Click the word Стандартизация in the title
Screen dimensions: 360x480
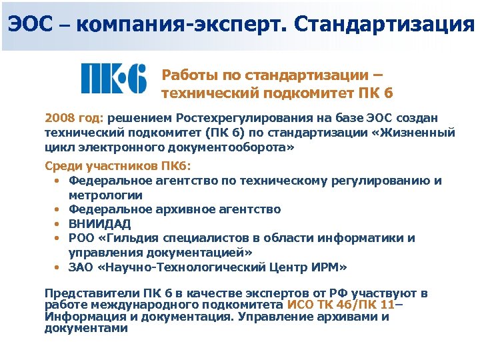(383, 25)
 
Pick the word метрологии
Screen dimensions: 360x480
(105, 195)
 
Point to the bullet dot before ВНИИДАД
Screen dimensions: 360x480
(57, 224)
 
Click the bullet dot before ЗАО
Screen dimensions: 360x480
(57, 267)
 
